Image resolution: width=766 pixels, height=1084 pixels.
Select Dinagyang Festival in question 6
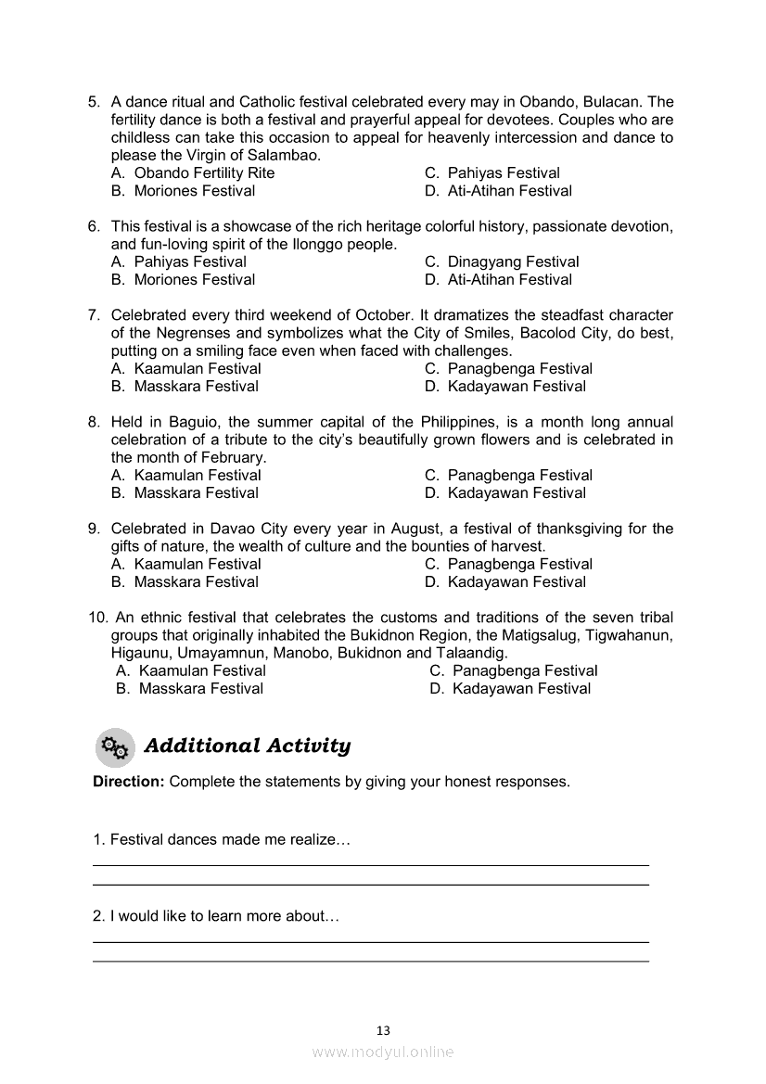click(x=513, y=262)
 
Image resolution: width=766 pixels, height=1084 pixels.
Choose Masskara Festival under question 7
click(x=196, y=387)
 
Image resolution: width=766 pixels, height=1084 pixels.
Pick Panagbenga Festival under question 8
click(x=519, y=476)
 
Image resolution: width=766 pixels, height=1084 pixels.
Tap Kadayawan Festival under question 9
click(x=517, y=582)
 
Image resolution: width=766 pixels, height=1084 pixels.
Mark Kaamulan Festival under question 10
click(x=202, y=671)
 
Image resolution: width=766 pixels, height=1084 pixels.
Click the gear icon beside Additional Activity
click(x=114, y=746)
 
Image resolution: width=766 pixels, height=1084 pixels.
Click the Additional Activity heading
click(x=248, y=746)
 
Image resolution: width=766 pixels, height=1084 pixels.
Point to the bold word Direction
click(x=129, y=782)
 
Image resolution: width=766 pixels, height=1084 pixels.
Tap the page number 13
click(x=383, y=1030)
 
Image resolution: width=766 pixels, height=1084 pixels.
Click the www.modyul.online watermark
click(x=383, y=1052)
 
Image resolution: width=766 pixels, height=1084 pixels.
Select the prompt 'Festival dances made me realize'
click(x=221, y=840)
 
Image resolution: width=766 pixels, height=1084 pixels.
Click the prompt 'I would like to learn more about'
click(x=216, y=916)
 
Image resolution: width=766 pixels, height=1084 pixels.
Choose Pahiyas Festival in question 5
click(x=504, y=173)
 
